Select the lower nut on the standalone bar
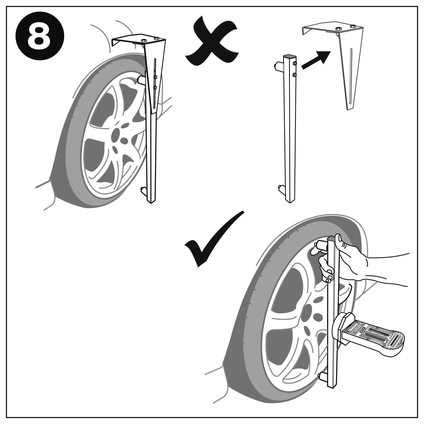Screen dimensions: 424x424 pyautogui.click(x=295, y=75)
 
